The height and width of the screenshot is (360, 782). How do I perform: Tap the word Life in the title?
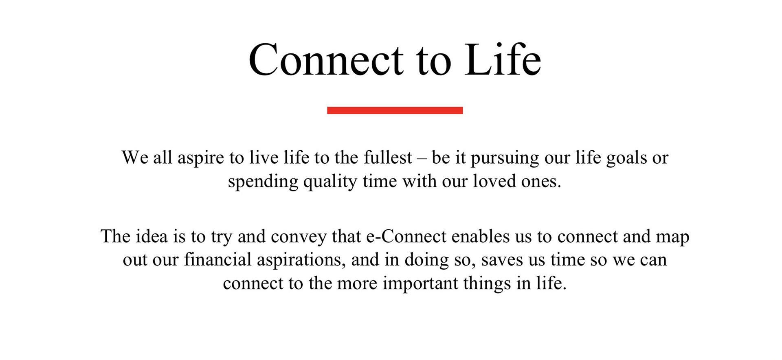[x=503, y=59]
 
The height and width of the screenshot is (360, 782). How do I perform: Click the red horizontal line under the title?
[x=395, y=110]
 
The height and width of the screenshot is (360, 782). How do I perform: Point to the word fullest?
[x=388, y=157]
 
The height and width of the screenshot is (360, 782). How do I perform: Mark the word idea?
[x=152, y=236]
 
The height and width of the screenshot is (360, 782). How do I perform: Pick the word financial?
[x=217, y=259]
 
